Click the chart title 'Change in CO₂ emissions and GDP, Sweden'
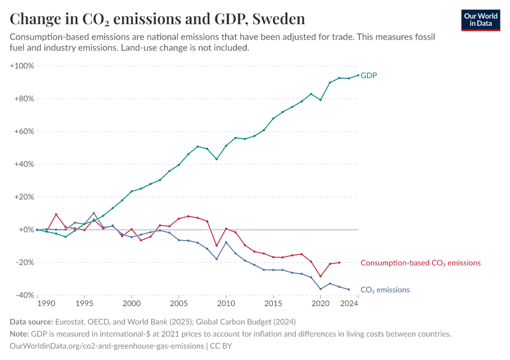158,19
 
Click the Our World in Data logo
481,20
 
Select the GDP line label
368,76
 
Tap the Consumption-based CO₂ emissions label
420,263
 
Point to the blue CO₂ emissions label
385,290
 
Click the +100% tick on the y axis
22,66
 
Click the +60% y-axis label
23,131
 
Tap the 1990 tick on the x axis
37,304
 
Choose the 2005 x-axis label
179,304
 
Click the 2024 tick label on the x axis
350,304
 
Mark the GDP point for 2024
358,75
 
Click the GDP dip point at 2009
217,159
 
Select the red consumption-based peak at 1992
56,214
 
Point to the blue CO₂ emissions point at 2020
320,289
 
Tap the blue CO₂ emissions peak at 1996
94,213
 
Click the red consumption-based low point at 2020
320,277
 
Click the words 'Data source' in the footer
32,322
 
